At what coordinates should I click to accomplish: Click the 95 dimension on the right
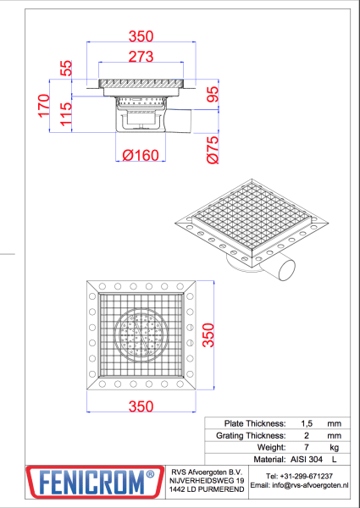coord(213,96)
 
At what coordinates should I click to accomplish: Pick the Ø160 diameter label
coord(141,155)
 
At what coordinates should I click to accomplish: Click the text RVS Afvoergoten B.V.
coord(207,472)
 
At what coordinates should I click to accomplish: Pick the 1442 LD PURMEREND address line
coord(207,489)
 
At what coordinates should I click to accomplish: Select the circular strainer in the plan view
coord(141,334)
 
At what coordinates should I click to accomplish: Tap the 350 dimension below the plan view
coord(141,406)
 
